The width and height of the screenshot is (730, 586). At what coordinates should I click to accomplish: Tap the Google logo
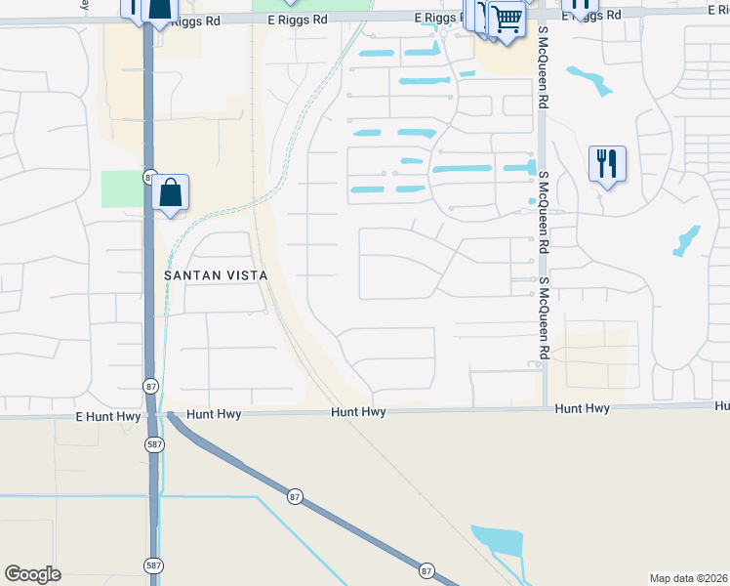(x=32, y=574)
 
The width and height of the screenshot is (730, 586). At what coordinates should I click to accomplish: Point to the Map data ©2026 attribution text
(x=689, y=577)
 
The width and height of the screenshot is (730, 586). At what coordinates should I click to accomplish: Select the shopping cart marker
(x=506, y=18)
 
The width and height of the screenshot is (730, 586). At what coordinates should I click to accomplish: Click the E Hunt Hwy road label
(x=103, y=415)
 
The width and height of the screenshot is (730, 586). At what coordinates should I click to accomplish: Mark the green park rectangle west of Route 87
(x=122, y=188)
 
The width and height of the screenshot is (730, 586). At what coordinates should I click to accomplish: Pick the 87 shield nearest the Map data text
(x=426, y=569)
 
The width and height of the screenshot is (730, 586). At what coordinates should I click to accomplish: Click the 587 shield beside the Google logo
(x=153, y=565)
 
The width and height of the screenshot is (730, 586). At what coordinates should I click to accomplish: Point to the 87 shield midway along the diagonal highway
(x=296, y=497)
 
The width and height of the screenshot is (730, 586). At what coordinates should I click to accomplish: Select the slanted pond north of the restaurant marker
(x=589, y=80)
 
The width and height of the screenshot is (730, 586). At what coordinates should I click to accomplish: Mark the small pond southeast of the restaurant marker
(x=687, y=240)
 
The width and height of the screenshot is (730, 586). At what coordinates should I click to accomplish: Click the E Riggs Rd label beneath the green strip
(x=302, y=20)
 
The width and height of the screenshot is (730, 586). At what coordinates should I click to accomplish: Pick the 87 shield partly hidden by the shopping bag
(x=149, y=178)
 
